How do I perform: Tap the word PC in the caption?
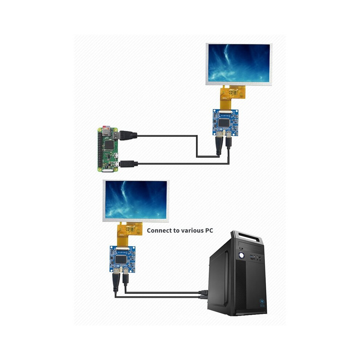point(209,231)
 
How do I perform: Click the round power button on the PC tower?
point(241,255)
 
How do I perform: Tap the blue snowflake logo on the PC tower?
point(262,301)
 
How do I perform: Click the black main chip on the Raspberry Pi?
point(108,145)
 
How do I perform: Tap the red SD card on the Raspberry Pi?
point(106,127)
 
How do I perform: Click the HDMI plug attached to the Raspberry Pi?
point(128,136)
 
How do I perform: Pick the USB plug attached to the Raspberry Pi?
point(129,164)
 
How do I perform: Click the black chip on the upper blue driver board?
point(224,123)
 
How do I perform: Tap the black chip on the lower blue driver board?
point(121,259)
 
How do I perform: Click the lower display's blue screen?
point(136,200)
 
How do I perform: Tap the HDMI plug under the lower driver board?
point(116,282)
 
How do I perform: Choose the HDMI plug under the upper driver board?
point(219,145)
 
